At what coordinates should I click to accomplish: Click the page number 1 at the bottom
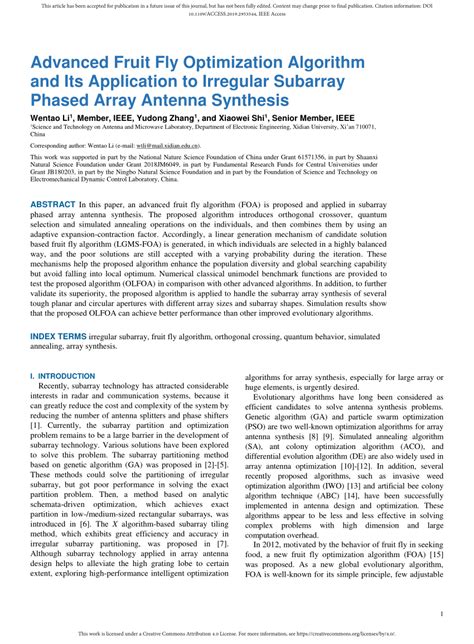pyautogui.click(x=441, y=615)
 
